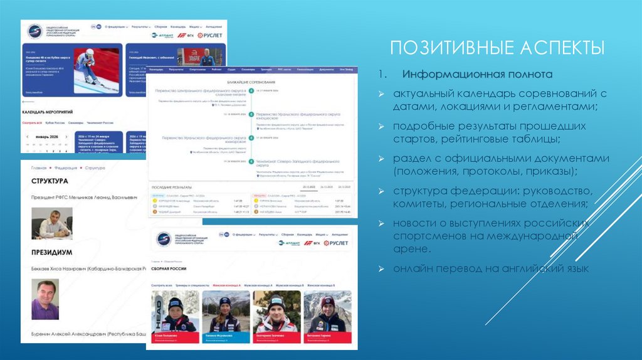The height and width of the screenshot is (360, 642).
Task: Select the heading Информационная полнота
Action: pyautogui.click(x=477, y=75)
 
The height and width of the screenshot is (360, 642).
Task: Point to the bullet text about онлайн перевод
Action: pyautogui.click(x=491, y=269)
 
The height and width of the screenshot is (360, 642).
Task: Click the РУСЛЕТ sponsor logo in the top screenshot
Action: pyautogui.click(x=211, y=36)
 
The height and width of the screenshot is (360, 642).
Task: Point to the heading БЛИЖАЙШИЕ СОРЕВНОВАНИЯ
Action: pyautogui.click(x=250, y=83)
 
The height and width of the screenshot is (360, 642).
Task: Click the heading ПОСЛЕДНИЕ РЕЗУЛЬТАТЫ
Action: pyautogui.click(x=176, y=187)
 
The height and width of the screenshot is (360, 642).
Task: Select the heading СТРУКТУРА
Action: pyautogui.click(x=50, y=181)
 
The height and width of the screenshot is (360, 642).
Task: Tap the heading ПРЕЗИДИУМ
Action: pyautogui.click(x=50, y=253)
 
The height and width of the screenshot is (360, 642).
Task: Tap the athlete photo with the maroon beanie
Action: pyautogui.click(x=328, y=313)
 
